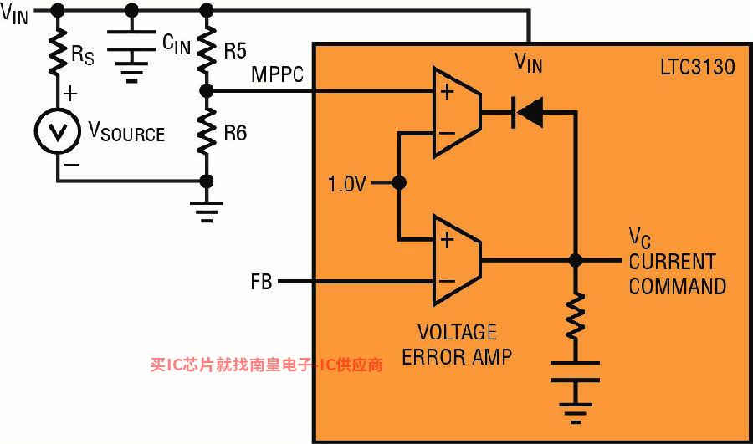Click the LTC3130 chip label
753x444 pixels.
coord(697,66)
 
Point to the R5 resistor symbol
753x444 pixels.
coord(207,49)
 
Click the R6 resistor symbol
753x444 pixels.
coord(207,131)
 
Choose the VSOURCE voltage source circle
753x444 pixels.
coord(58,131)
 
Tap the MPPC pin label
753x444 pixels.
coord(278,74)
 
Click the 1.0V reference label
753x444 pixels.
coord(346,184)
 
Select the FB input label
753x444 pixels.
coord(261,282)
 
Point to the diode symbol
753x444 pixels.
coord(528,112)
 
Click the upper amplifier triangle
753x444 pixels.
coord(457,112)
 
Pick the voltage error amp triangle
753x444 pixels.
coord(457,261)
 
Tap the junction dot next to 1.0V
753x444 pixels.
coord(399,183)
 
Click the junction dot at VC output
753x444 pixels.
coord(576,261)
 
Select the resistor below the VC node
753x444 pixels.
coord(576,317)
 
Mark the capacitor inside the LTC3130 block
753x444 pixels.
coord(576,371)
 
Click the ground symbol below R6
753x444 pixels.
coord(207,212)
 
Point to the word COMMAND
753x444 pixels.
coord(677,287)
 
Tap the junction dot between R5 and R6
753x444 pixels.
coord(207,90)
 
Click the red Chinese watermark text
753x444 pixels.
coord(267,365)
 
